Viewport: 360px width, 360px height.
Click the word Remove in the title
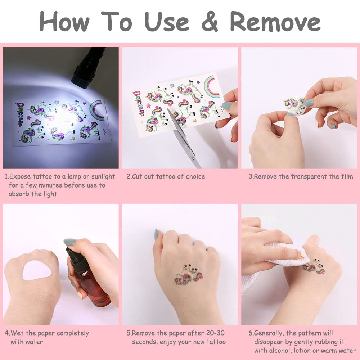275,21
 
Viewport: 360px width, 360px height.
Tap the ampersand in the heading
210,21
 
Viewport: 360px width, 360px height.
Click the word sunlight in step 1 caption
103,177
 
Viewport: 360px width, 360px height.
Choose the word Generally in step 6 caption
268,333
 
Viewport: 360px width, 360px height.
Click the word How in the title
65,21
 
